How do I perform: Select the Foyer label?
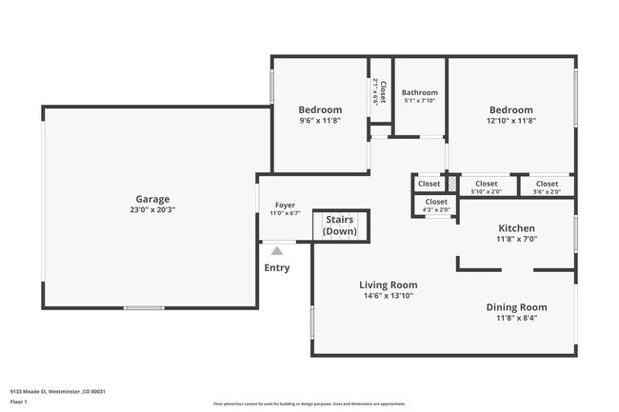285,205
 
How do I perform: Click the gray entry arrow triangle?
276,250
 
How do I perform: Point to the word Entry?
277,267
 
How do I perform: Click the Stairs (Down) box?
340,226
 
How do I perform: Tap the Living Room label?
388,284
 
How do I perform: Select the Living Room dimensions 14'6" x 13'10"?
388,296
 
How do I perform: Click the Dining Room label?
516,306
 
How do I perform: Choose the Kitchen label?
517,228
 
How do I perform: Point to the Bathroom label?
419,92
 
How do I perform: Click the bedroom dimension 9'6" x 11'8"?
319,121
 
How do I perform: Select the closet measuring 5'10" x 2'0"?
486,187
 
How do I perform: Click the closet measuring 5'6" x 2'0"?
547,187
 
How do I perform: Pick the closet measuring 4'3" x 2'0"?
436,206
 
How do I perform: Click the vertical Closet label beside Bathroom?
381,91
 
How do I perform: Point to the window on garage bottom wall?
143,307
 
